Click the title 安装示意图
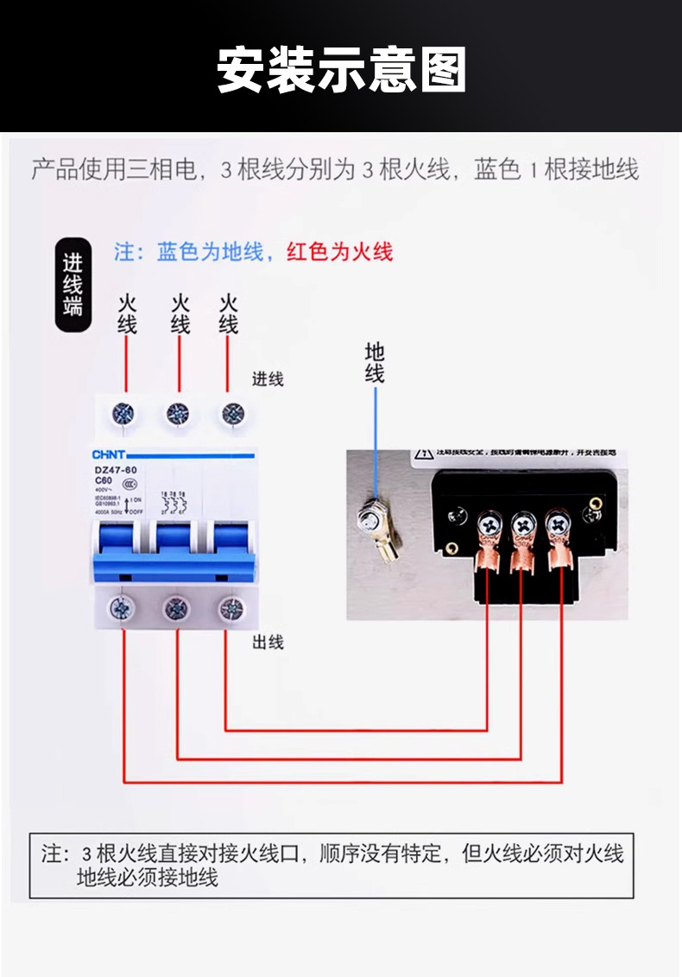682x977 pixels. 341,70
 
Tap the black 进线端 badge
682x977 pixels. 73,285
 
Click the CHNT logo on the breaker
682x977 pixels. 110,454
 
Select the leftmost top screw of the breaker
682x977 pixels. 125,413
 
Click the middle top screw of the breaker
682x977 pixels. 179,414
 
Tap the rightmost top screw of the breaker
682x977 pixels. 230,413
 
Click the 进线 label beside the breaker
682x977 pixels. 268,378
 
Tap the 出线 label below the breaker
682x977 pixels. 268,642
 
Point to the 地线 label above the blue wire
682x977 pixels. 375,363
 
